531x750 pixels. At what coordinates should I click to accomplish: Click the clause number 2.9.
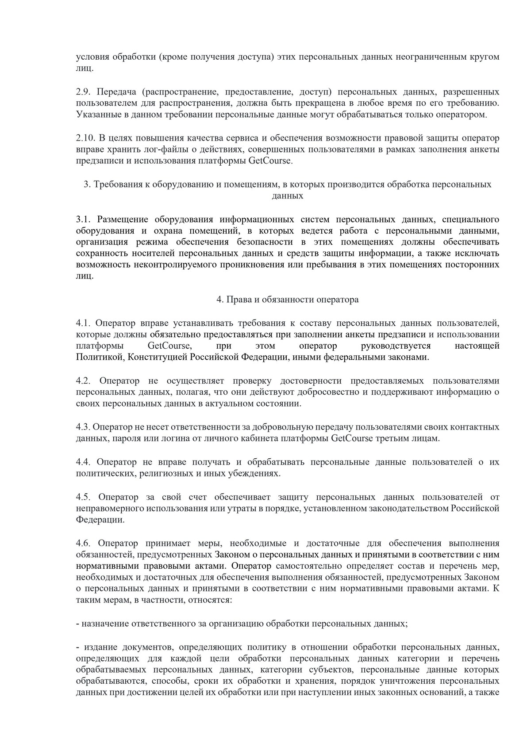point(83,92)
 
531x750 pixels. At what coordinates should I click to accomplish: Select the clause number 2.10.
point(85,138)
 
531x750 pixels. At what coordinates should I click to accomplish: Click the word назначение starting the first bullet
point(104,624)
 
